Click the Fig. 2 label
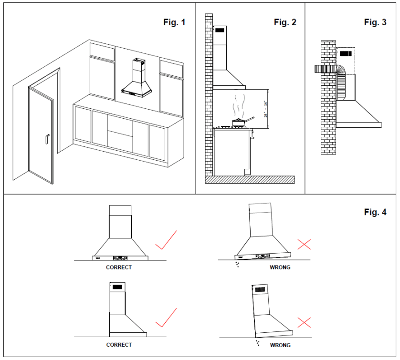click(285, 22)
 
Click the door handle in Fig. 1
click(47, 139)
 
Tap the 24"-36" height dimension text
click(265, 109)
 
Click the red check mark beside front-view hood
click(166, 240)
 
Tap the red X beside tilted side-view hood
click(304, 322)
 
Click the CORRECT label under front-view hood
click(119, 267)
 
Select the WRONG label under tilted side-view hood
click(280, 345)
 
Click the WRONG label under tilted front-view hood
click(280, 267)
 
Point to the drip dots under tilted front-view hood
click(237, 264)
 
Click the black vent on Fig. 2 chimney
click(220, 31)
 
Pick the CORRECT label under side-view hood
click(119, 344)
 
